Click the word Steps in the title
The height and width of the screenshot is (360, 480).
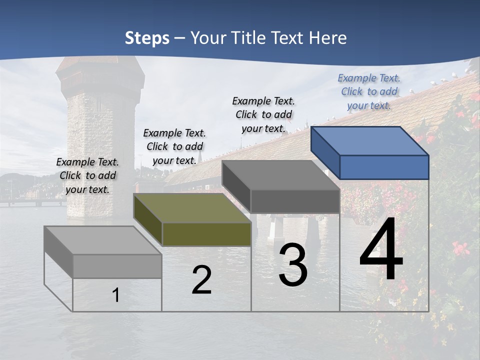coord(147,38)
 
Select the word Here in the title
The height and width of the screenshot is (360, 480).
coord(328,38)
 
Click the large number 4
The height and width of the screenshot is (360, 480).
coord(381,251)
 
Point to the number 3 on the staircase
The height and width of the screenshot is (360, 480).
coord(293,265)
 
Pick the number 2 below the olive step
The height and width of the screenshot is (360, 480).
coord(201,280)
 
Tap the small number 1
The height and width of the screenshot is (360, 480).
coord(116,295)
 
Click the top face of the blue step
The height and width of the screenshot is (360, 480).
coord(369,140)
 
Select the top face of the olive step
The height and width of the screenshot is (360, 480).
coord(192,208)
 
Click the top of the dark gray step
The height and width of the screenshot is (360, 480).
coord(280,175)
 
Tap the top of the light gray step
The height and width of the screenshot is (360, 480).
coord(102,240)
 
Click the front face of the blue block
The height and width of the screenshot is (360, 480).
coord(384,167)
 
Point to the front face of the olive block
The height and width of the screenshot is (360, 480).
coord(206,234)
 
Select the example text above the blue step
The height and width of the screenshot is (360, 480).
coord(369,91)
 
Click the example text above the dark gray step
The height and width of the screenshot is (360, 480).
coord(263,114)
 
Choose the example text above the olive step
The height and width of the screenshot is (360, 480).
coord(174,146)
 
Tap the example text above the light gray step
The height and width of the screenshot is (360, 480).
coord(87,175)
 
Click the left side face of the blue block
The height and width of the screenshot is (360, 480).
coord(325,152)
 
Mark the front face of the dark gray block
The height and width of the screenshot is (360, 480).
coord(295,201)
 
